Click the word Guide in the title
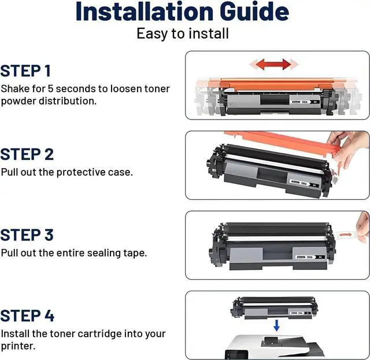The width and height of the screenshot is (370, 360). (254, 12)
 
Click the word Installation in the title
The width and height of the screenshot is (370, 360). (145, 12)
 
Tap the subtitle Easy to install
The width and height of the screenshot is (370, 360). (183, 34)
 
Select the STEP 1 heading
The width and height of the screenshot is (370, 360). (25, 70)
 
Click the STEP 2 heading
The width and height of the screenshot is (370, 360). (27, 154)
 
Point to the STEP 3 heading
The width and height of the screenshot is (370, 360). (27, 235)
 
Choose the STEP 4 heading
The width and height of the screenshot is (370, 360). (27, 316)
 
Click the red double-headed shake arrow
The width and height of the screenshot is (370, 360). (273, 64)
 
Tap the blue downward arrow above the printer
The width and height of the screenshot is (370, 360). (276, 325)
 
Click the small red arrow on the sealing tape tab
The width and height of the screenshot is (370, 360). (345, 235)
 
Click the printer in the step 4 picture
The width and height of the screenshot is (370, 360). (273, 347)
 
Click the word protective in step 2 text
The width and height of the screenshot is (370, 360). (81, 172)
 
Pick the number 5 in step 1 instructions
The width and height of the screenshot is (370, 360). (50, 89)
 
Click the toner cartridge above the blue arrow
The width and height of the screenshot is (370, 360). (273, 307)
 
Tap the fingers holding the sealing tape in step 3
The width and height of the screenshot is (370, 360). (363, 227)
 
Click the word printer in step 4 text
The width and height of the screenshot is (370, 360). (18, 346)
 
